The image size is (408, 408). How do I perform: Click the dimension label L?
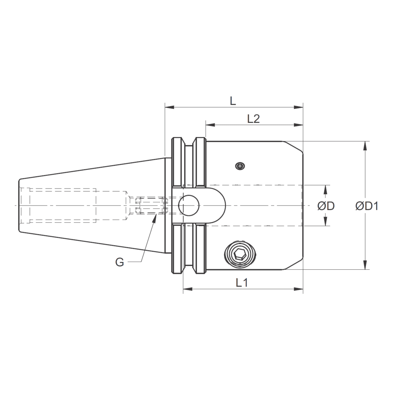click(x=233, y=100)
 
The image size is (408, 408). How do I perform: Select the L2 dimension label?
click(x=253, y=119)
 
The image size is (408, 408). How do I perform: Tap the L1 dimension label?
click(x=242, y=282)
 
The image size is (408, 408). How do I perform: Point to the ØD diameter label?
click(x=326, y=206)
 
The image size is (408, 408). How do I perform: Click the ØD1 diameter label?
click(x=367, y=206)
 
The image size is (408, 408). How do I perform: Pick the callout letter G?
click(x=120, y=262)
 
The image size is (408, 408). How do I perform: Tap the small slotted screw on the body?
click(x=240, y=166)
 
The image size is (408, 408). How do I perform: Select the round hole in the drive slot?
click(x=188, y=205)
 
